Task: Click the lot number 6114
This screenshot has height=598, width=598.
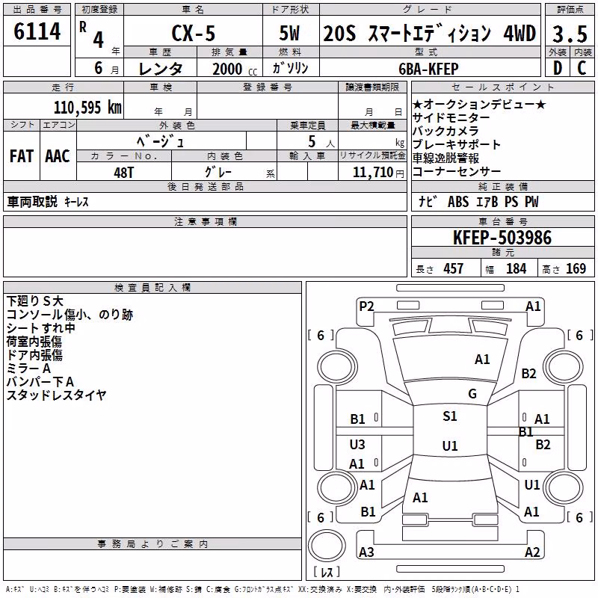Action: [37, 31]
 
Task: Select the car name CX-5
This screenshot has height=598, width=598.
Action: [194, 33]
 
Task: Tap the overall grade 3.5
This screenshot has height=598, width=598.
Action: [570, 34]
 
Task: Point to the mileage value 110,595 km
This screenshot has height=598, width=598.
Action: [87, 108]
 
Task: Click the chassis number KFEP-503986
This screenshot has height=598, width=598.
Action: [502, 238]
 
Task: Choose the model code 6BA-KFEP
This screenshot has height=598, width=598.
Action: [428, 69]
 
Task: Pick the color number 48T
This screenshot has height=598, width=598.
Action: [124, 173]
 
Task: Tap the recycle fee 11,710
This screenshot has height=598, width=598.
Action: [373, 173]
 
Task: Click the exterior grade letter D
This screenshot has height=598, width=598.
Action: [558, 68]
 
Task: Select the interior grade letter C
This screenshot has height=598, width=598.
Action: [582, 68]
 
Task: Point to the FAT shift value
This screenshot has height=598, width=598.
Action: [22, 156]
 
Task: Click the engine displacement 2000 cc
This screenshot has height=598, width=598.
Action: [235, 70]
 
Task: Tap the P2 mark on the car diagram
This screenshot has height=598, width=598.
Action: [366, 306]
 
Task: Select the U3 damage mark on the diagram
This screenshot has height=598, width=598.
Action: [357, 444]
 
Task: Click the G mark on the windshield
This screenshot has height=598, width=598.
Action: [472, 394]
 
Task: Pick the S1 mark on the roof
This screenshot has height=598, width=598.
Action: [450, 416]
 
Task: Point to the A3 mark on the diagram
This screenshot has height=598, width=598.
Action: [366, 552]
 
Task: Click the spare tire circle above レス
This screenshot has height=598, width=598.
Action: [327, 545]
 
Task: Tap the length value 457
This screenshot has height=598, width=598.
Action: [454, 269]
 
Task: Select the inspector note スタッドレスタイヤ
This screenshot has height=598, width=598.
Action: [56, 395]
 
